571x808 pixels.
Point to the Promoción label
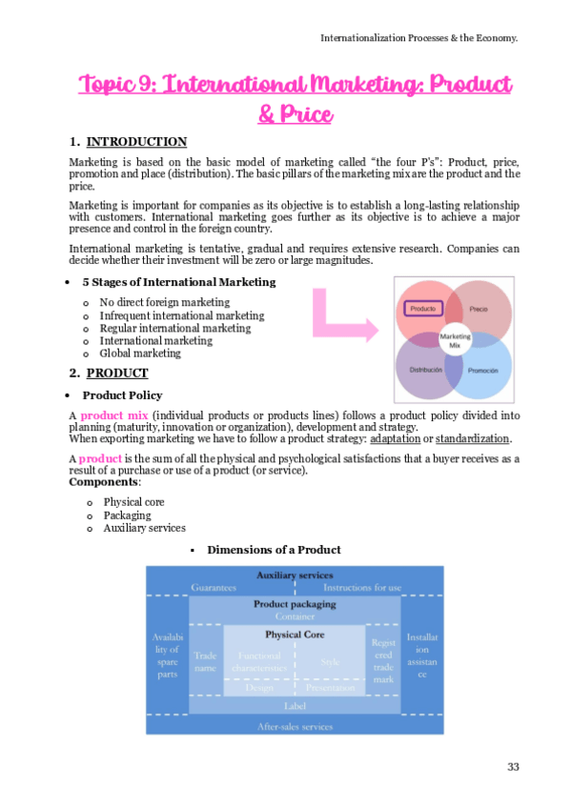click(x=482, y=370)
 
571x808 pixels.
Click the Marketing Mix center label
click(x=454, y=340)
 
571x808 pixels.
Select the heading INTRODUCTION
click(x=136, y=142)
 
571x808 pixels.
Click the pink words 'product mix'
click(x=110, y=415)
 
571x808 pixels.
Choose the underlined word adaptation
click(x=400, y=438)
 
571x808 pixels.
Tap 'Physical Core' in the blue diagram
click(x=294, y=634)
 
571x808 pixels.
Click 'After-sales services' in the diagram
click(x=295, y=726)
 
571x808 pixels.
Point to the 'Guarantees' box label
click(x=214, y=589)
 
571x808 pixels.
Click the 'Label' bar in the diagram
click(x=295, y=705)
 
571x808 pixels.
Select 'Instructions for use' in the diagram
click(x=362, y=589)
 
